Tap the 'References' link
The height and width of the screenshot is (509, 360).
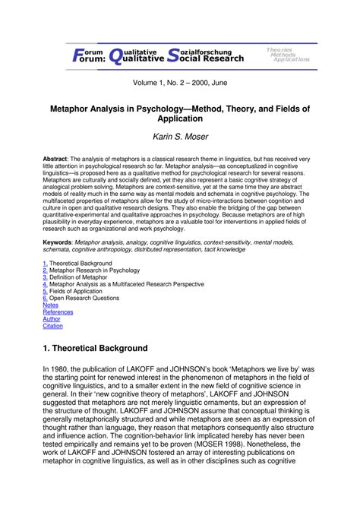click(x=58, y=311)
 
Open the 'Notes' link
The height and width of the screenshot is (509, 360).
click(x=50, y=305)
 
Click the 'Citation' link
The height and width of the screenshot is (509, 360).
click(x=53, y=326)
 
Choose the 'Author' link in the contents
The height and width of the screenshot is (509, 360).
click(x=52, y=319)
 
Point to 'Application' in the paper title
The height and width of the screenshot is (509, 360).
click(x=179, y=120)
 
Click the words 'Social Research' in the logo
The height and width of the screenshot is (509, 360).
click(x=204, y=58)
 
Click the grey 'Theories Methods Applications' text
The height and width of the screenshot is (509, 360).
click(x=287, y=54)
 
